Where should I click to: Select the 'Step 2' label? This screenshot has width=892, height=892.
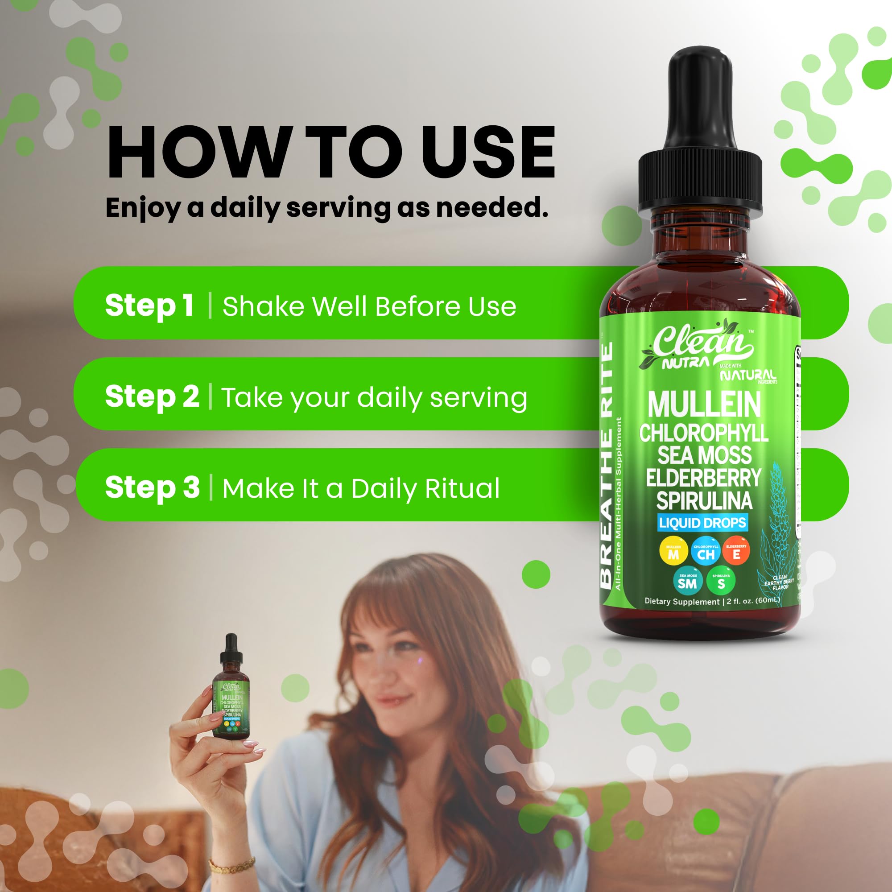coord(152,396)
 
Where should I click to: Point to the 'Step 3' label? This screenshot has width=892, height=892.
coord(152,487)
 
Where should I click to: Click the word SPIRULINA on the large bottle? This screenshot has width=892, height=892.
coord(704,501)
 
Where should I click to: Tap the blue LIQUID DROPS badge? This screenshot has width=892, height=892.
coord(702,523)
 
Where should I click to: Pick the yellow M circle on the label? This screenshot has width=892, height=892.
coord(673,552)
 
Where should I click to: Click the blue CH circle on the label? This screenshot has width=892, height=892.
coord(706,552)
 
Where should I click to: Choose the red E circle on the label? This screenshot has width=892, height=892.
coord(736,552)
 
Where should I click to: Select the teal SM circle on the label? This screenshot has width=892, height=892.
coord(687,581)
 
